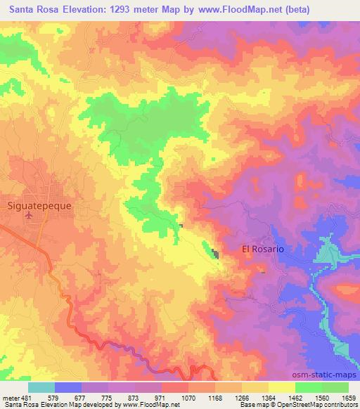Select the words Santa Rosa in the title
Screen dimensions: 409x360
pos(36,9)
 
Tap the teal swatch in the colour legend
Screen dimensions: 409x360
pos(41,387)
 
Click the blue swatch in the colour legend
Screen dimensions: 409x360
pos(68,387)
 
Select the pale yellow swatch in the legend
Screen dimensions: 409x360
pos(281,387)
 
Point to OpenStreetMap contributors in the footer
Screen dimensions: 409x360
pos(317,405)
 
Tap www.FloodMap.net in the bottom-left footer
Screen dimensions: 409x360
pos(150,405)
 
